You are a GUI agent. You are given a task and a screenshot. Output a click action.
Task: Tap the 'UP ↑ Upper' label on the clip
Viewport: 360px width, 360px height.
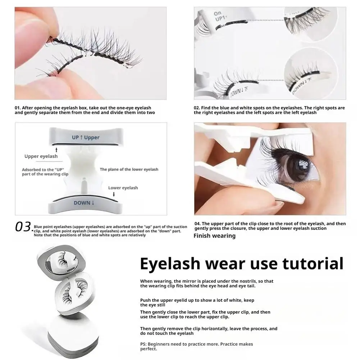(86, 137)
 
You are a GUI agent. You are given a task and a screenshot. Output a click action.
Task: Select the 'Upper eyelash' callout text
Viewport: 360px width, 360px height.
(41, 156)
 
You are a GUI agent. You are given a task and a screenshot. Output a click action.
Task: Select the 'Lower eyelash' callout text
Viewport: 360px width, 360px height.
(123, 188)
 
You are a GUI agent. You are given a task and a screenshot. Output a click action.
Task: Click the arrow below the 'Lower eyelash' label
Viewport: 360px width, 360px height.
(114, 194)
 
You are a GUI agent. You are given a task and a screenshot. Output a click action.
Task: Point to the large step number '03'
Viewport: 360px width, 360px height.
(23, 227)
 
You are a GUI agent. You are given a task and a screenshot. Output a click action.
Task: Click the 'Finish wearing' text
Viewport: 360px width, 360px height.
(214, 236)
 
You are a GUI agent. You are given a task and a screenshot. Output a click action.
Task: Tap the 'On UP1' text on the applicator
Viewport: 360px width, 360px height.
(218, 16)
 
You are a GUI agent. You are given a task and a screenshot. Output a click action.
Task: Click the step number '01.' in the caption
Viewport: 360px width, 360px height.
(18, 108)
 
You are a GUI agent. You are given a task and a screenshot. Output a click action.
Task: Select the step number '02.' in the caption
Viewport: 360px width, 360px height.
(197, 108)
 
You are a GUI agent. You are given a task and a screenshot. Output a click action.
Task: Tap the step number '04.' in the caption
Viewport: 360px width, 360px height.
(197, 224)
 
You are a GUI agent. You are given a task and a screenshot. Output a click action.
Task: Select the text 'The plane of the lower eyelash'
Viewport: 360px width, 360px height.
(129, 169)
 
